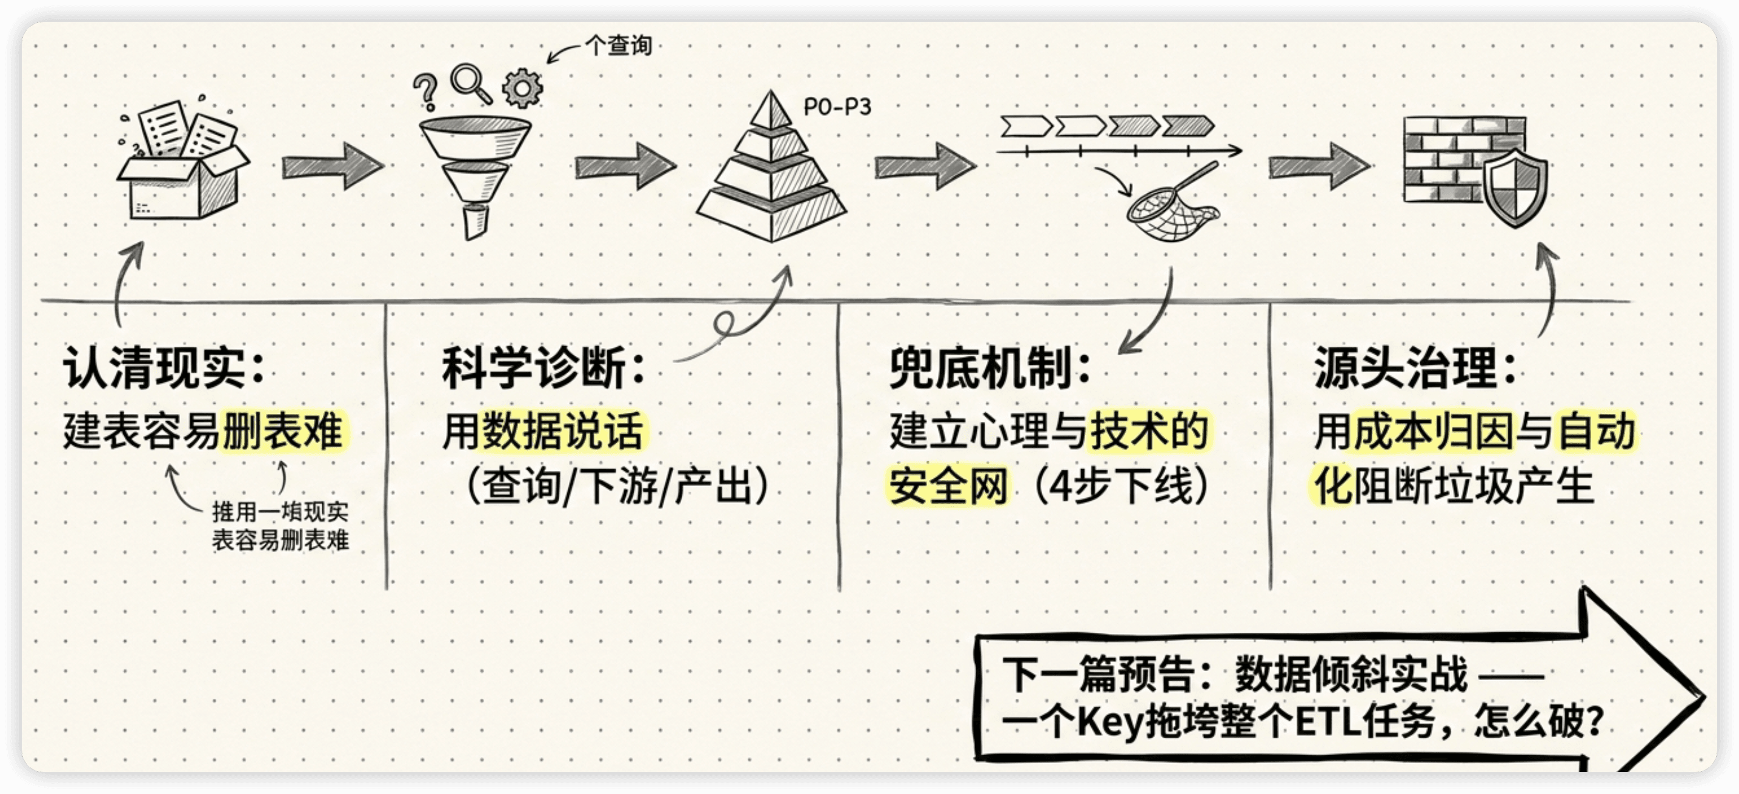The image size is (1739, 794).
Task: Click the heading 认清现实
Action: click(x=154, y=368)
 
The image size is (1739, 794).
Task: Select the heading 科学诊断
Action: click(x=533, y=368)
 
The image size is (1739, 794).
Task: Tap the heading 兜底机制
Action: click(x=980, y=368)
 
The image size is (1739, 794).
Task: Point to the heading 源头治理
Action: click(x=1406, y=368)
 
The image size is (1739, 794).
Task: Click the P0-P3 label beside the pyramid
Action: click(x=837, y=107)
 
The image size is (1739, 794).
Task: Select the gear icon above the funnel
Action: click(x=522, y=88)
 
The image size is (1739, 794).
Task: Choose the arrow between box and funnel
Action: click(x=332, y=166)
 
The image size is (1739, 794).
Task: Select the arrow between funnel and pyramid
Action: click(x=625, y=166)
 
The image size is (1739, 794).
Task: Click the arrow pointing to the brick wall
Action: click(x=1319, y=166)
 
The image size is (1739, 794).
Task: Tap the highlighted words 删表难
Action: click(x=284, y=431)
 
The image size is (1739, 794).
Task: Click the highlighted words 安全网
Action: click(x=948, y=485)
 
